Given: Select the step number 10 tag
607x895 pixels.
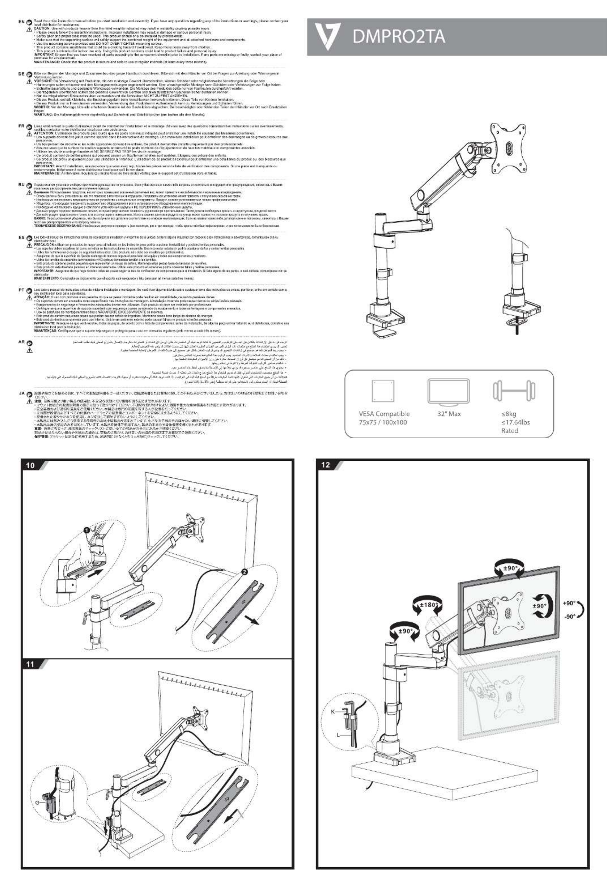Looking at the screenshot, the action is click(x=30, y=465).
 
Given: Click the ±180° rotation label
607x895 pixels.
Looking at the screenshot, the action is click(x=428, y=604).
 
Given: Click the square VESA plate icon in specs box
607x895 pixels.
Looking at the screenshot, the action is click(x=384, y=391).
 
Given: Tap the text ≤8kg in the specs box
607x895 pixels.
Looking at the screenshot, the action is click(x=508, y=414).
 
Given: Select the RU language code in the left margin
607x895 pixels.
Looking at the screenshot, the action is click(x=22, y=185).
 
